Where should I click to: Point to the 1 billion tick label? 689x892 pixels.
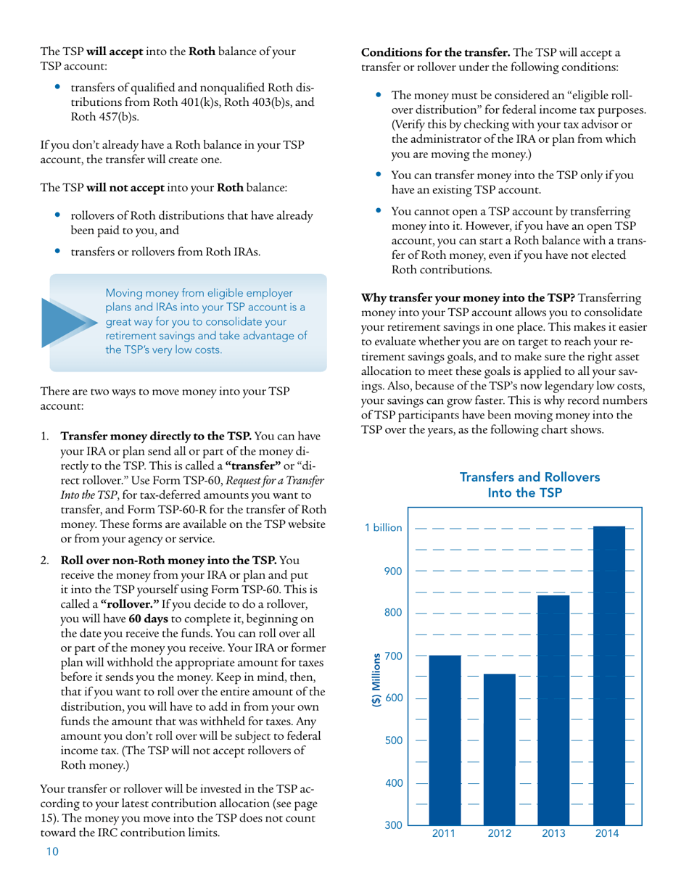click(383, 528)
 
